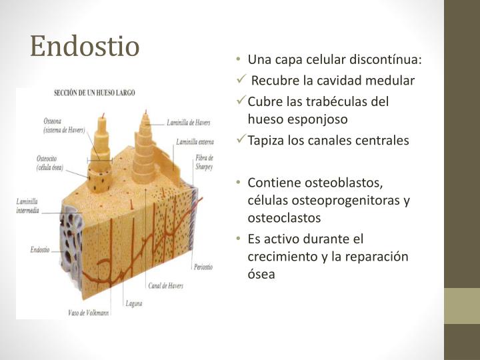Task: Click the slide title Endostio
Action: point(85,46)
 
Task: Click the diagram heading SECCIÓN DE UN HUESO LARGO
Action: point(94,93)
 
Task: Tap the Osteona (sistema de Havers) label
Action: point(64,125)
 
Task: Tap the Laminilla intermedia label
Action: point(28,205)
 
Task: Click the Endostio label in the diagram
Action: point(40,250)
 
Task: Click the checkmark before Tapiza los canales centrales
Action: point(243,140)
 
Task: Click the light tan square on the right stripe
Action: point(462,306)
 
